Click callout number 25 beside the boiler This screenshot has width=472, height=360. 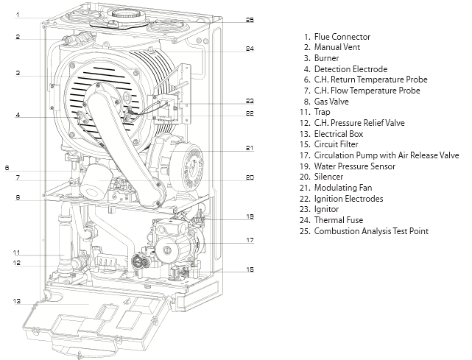(250, 19)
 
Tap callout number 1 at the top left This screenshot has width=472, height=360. (18, 14)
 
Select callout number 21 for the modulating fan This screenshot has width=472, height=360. (250, 149)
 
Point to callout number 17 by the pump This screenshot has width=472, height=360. (250, 240)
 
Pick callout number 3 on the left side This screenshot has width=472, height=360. (18, 73)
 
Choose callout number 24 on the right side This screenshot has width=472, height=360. (250, 49)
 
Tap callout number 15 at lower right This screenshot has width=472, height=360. (250, 270)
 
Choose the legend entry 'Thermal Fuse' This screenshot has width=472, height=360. (339, 220)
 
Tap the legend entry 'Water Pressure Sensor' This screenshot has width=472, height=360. (353, 166)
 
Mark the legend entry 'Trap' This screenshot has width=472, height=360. (322, 112)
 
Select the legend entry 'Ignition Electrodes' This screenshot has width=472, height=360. (348, 199)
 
